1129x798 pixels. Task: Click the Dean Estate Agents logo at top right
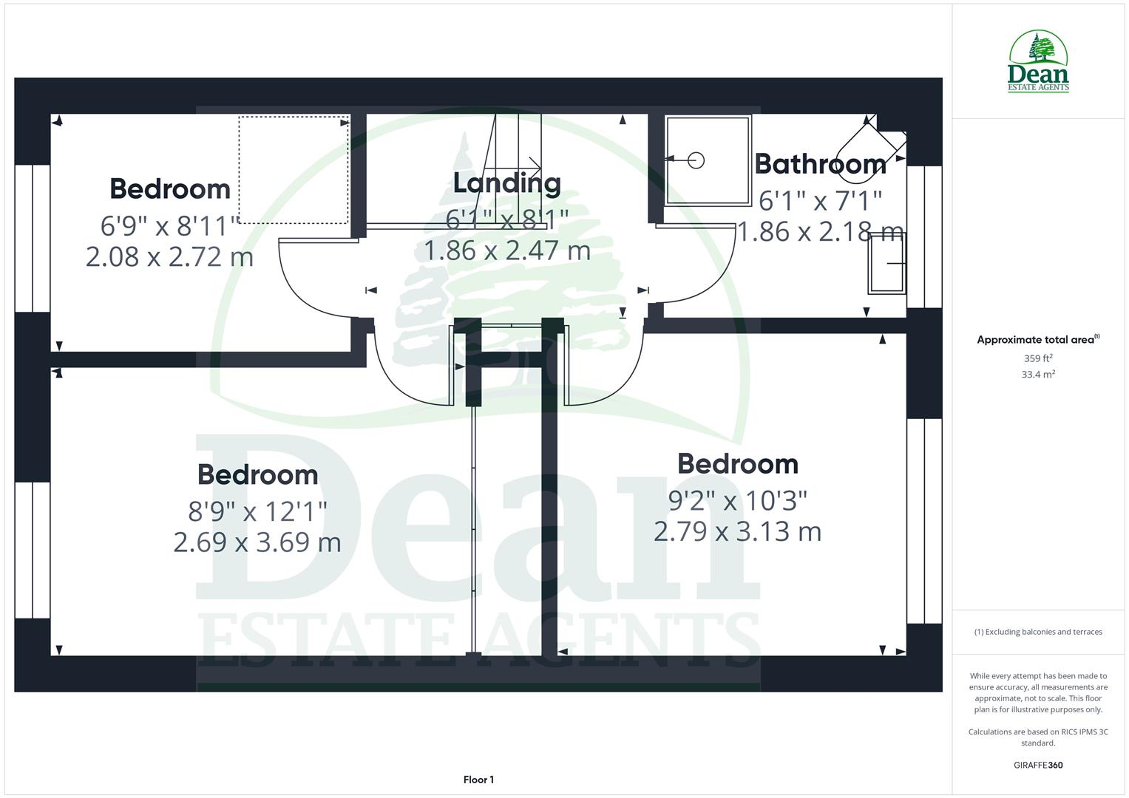pyautogui.click(x=1038, y=62)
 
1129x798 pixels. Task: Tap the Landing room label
pyautogui.click(x=506, y=183)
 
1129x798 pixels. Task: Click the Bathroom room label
pyautogui.click(x=820, y=163)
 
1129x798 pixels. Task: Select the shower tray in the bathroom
pyautogui.click(x=708, y=160)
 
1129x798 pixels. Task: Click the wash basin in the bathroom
pyautogui.click(x=887, y=264)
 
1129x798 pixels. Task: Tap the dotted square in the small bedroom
pyautogui.click(x=294, y=169)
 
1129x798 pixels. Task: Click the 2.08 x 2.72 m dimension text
pyautogui.click(x=169, y=257)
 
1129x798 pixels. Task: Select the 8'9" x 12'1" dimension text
pyautogui.click(x=257, y=511)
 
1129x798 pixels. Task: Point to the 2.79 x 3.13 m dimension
pyautogui.click(x=737, y=532)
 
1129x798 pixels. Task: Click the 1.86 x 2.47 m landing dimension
pyautogui.click(x=506, y=251)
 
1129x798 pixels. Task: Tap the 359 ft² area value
pyautogui.click(x=1037, y=358)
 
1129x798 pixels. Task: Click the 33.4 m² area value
pyautogui.click(x=1037, y=375)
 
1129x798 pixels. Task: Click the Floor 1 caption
pyautogui.click(x=478, y=780)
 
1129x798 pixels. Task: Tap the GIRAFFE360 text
pyautogui.click(x=1037, y=765)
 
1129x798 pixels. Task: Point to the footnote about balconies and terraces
pyautogui.click(x=1037, y=632)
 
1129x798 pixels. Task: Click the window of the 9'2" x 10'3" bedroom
pyautogui.click(x=924, y=522)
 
